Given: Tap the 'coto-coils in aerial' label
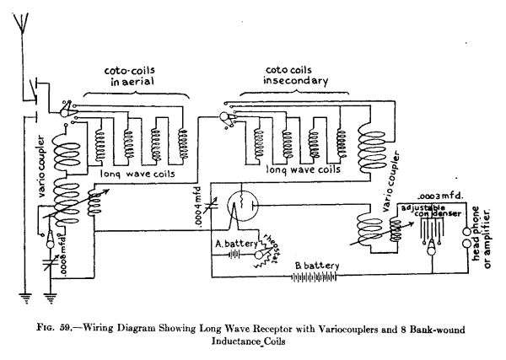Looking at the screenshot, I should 133,78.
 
